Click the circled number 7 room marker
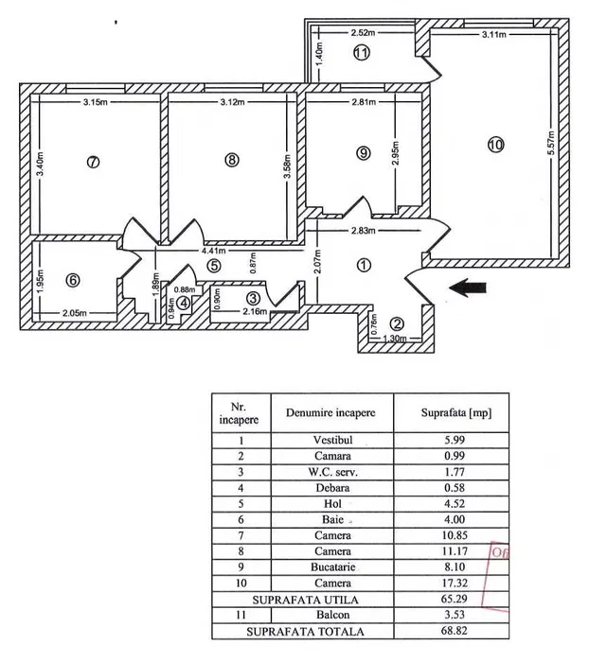click(x=92, y=162)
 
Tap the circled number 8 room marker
click(x=233, y=160)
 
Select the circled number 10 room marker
click(x=496, y=145)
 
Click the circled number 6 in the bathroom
click(x=73, y=280)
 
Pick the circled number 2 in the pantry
click(x=398, y=323)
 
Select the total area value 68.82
click(x=455, y=630)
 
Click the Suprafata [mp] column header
click(x=455, y=412)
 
